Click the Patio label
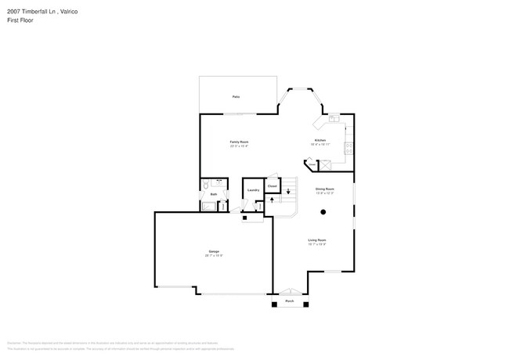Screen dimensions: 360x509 click(x=236, y=96)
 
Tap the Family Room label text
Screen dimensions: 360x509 click(x=239, y=142)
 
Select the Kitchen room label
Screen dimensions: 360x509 click(x=320, y=141)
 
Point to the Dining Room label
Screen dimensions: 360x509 click(x=325, y=189)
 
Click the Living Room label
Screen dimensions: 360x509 click(x=316, y=240)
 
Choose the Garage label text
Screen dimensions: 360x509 click(x=213, y=252)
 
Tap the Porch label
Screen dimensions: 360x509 click(x=289, y=301)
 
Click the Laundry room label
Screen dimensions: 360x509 click(x=253, y=190)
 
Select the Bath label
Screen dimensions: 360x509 click(x=214, y=194)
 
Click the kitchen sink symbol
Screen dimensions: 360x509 click(x=334, y=118)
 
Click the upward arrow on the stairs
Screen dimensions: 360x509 click(x=272, y=200)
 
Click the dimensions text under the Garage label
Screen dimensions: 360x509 click(x=213, y=256)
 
